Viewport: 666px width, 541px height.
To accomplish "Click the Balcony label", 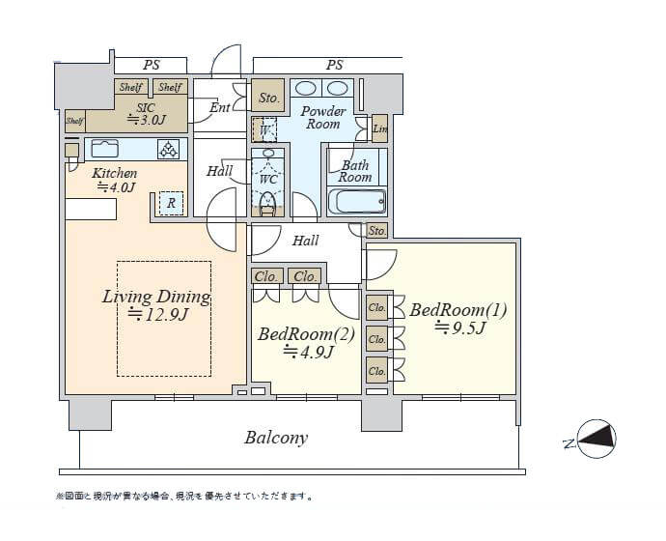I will coord(275,438).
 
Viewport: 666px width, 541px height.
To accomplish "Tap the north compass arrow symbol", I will coord(591,440).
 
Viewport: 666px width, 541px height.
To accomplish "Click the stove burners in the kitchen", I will coord(169,149).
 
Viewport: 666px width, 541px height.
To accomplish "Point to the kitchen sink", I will coord(103,149).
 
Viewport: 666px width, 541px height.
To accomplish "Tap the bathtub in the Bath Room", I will coord(357,202).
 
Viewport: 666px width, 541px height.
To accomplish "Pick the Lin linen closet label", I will coord(379,128).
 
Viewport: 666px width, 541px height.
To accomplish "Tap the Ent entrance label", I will coord(220,107).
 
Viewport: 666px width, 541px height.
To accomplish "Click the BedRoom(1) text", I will coord(458,310).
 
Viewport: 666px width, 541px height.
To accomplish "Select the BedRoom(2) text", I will coord(306,334).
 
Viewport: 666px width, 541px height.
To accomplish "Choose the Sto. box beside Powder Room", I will coord(269,98).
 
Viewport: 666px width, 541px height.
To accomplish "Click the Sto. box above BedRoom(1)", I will coord(377,231).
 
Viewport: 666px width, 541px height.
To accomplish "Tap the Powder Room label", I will coord(323,117).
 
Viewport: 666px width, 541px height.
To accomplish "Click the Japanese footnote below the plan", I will coord(183,497).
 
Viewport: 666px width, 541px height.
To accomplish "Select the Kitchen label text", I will coord(114,174).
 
